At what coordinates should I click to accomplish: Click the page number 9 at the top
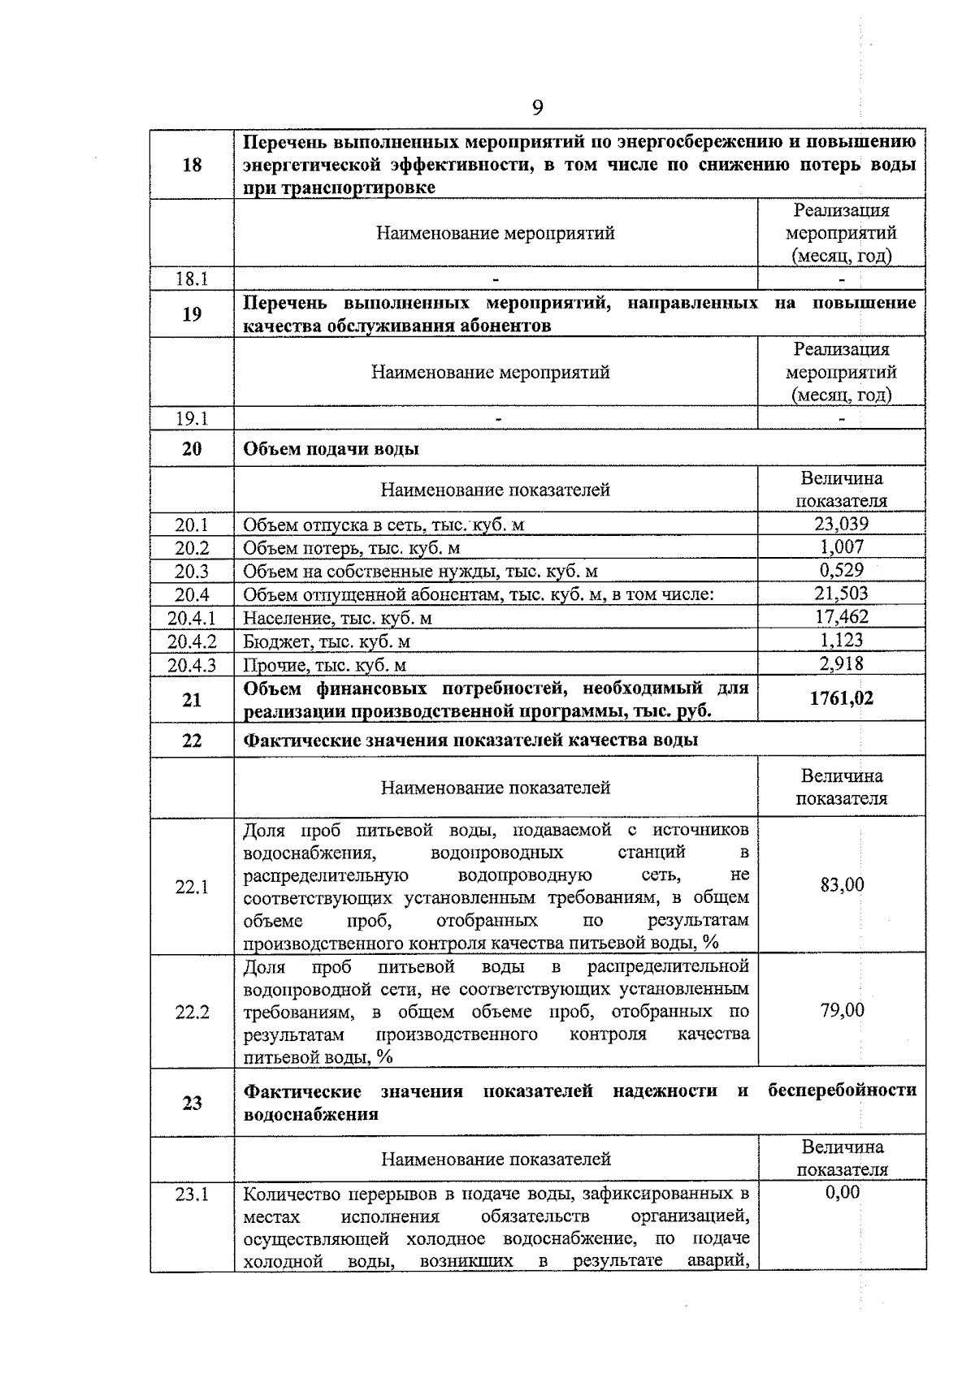537,108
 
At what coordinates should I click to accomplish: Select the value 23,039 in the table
841,524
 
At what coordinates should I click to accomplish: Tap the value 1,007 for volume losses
841,547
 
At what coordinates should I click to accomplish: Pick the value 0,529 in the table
841,570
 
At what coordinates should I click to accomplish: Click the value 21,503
841,594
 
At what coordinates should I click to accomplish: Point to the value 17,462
841,617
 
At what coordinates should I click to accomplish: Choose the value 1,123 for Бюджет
841,640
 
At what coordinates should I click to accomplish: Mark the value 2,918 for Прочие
841,663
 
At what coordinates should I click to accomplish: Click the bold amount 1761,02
841,698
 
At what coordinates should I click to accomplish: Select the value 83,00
842,884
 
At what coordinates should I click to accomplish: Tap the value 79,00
842,1010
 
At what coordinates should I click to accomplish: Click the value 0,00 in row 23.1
842,1192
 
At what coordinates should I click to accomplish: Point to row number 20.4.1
192,618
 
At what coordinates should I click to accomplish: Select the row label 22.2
192,1012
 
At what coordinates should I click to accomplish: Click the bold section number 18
192,165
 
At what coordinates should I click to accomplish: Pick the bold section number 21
192,699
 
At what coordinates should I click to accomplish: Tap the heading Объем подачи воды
331,448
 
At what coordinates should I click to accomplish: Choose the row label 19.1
192,418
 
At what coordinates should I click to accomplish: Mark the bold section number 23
192,1103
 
